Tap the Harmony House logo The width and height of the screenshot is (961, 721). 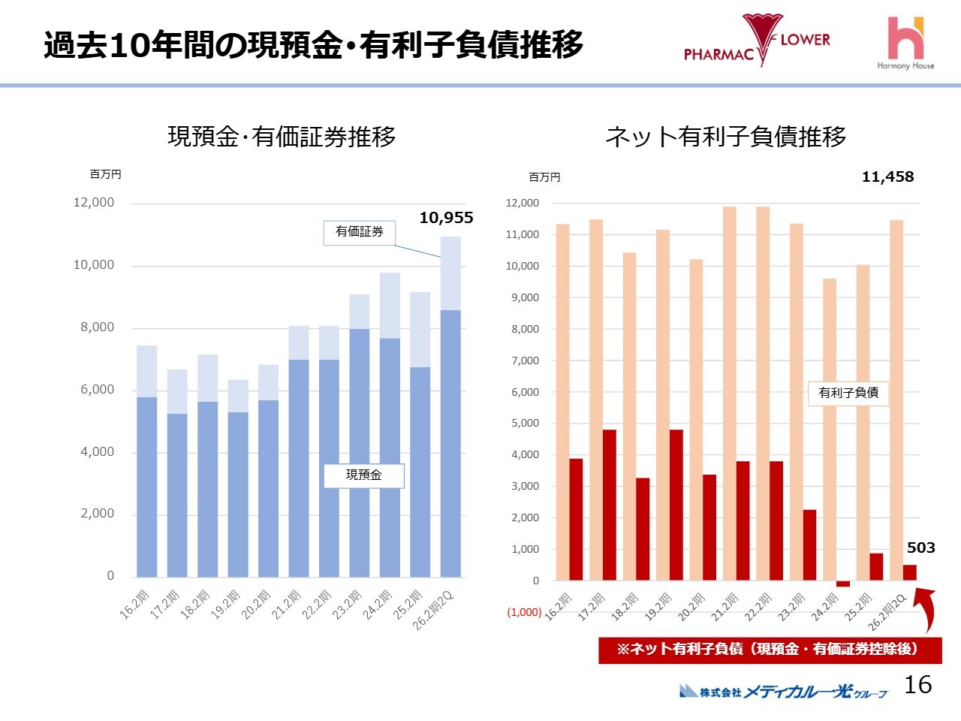point(905,42)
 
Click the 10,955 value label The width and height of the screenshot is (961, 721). point(446,218)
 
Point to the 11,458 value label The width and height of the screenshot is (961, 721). point(887,177)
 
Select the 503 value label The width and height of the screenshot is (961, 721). point(920,548)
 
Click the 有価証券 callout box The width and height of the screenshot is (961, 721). point(360,232)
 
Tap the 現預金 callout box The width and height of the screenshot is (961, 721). point(364,475)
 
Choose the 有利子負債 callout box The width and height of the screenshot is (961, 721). point(848,393)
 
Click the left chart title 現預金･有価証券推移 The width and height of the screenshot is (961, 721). point(282,137)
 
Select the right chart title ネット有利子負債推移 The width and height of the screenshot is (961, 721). point(725,137)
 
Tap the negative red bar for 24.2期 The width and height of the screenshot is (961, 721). point(843,584)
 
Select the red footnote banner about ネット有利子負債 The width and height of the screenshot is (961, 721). point(769,650)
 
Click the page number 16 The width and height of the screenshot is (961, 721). point(917,684)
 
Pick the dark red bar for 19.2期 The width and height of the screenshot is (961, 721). point(676,505)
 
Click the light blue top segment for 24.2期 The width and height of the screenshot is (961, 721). point(390,306)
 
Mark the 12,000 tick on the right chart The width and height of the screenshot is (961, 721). point(523,203)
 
